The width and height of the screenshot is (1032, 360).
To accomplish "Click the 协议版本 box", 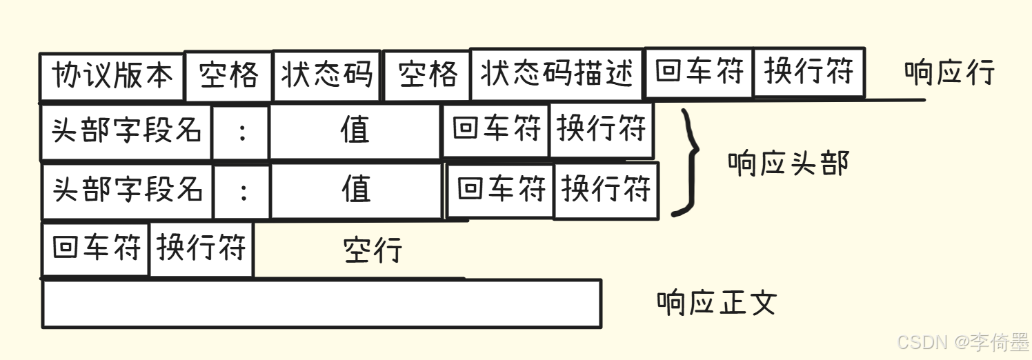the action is tap(112, 76).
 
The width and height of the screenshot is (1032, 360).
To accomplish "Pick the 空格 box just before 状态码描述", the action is tap(427, 74).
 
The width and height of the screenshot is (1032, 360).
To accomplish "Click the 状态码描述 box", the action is tap(557, 74).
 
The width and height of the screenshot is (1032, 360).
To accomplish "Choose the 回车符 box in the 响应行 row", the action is tap(699, 72).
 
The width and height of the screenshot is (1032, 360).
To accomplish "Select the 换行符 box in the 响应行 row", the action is tap(808, 72).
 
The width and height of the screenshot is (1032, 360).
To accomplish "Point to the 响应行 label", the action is tap(949, 72).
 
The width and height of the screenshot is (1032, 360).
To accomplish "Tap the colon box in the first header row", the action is tap(241, 132).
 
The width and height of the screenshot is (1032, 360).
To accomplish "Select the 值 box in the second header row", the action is tap(356, 190).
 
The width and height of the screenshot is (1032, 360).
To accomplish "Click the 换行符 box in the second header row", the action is tap(606, 190).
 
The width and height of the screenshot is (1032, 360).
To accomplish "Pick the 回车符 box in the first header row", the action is tap(496, 130).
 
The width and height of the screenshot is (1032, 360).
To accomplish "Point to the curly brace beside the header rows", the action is tap(688, 162).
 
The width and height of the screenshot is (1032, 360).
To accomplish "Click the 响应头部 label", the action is tap(788, 163).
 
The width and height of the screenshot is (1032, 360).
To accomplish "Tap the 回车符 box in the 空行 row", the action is tap(96, 248).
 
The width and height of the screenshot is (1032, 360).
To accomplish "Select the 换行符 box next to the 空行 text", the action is tap(201, 248).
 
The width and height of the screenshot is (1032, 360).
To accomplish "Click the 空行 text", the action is tap(373, 250).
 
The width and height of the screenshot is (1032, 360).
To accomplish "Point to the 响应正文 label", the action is tap(717, 302).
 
